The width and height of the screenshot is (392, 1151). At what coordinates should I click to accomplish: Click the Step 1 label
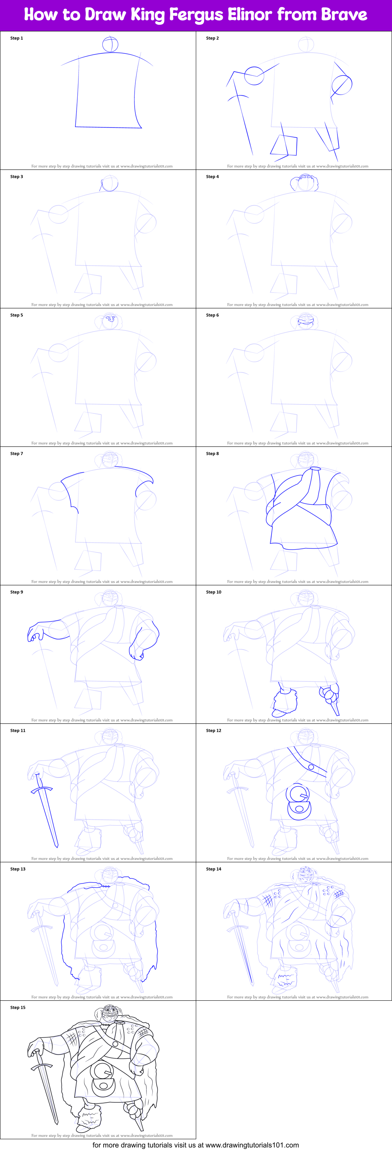[16, 38]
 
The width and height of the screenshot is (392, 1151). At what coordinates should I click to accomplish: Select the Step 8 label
[212, 453]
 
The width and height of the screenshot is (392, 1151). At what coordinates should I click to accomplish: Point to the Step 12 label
[213, 730]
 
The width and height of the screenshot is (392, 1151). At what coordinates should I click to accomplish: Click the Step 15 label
[18, 1007]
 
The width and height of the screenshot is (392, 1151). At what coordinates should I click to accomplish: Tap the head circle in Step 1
[110, 45]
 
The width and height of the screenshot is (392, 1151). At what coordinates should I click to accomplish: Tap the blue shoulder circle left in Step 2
[254, 75]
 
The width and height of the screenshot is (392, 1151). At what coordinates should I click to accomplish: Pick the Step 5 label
[16, 315]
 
